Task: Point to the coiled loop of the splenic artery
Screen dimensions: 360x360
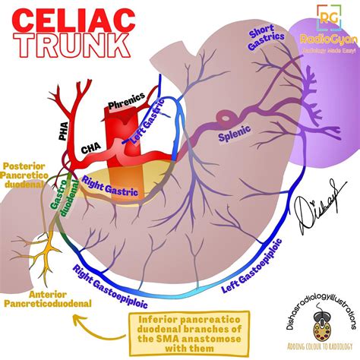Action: click(226, 118)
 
